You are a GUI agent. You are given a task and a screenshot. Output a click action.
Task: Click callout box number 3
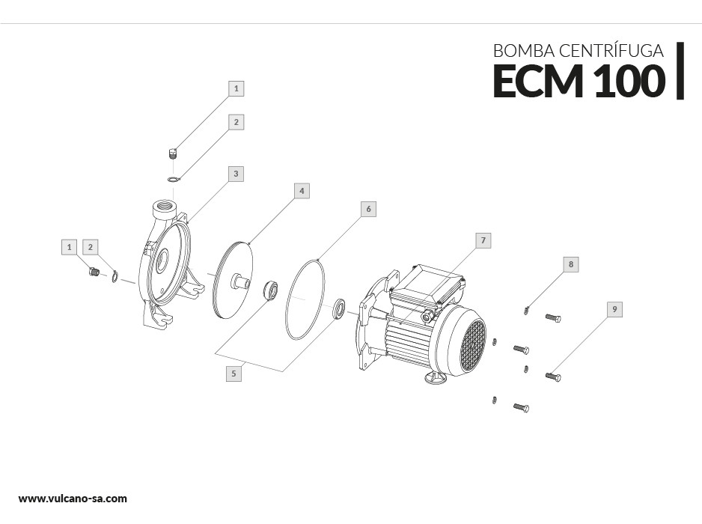tap(236, 174)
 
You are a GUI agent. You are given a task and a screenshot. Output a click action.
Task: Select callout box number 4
tap(301, 191)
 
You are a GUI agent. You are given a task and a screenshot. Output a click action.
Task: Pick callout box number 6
tap(367, 209)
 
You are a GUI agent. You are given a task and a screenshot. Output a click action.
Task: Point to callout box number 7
tap(483, 240)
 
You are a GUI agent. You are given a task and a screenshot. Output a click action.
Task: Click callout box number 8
tap(571, 264)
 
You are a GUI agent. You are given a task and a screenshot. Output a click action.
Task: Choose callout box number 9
tap(614, 309)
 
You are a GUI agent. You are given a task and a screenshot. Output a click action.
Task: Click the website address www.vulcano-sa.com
tap(73, 499)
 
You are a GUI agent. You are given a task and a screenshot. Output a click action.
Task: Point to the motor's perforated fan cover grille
tap(472, 344)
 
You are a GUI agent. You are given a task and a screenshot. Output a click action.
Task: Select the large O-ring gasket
tap(306, 299)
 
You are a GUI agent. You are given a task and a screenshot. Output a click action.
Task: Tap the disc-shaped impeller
tap(233, 280)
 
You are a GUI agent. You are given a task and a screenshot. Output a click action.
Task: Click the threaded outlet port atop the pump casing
tap(164, 207)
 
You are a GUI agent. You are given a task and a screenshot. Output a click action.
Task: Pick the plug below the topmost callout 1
tap(171, 154)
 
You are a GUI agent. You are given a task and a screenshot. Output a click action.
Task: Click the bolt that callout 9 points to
tap(553, 377)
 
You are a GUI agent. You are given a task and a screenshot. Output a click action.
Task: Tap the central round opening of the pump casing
tap(162, 262)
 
